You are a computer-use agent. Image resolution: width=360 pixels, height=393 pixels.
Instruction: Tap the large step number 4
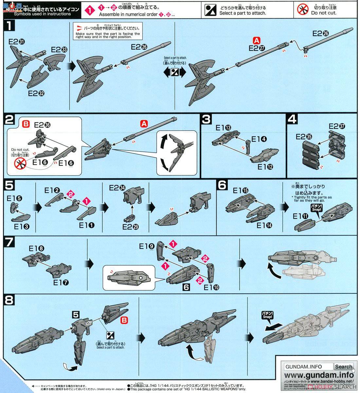coord(292,120)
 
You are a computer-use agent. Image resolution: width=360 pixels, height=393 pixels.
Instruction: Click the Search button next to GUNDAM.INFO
coord(343,367)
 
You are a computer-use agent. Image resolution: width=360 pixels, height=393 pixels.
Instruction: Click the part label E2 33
coord(59,50)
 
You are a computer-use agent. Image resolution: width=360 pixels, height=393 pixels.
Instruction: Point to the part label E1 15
coord(241,190)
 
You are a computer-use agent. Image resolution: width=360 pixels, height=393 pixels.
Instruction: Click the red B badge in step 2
coord(26,124)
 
